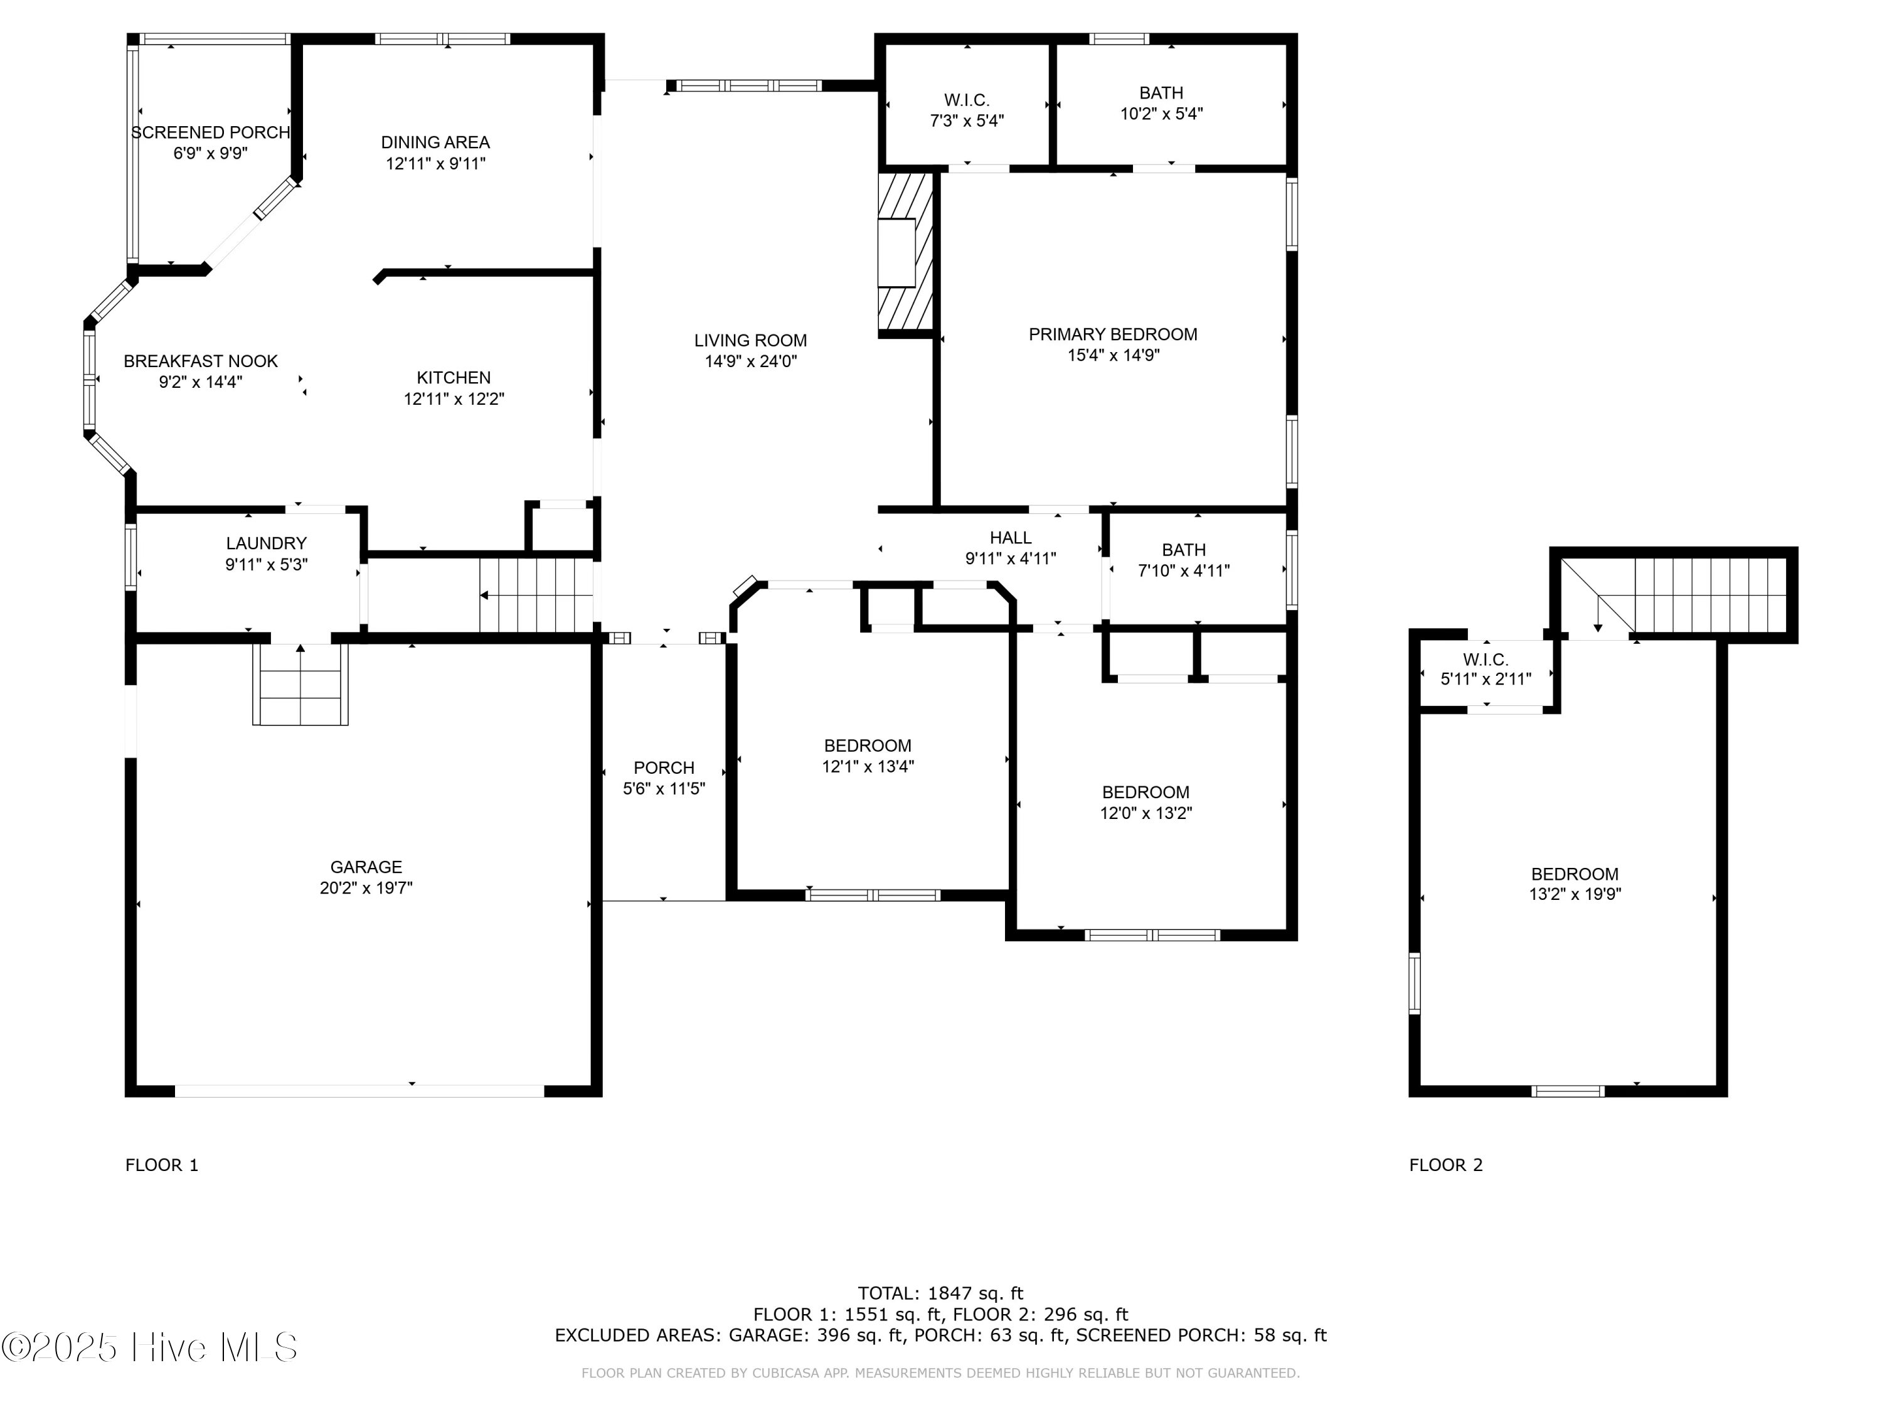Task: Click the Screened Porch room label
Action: [210, 133]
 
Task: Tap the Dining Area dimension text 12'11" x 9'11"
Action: [435, 163]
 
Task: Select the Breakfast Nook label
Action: [201, 361]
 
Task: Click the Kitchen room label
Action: [454, 377]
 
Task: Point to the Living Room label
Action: [750, 340]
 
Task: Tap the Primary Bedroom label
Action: [1113, 334]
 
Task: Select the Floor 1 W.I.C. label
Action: [967, 100]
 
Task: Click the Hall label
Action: [1011, 538]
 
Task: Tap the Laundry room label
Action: [267, 543]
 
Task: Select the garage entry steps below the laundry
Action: [300, 684]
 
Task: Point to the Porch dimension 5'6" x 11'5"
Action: [664, 789]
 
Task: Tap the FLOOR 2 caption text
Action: [1445, 1165]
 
